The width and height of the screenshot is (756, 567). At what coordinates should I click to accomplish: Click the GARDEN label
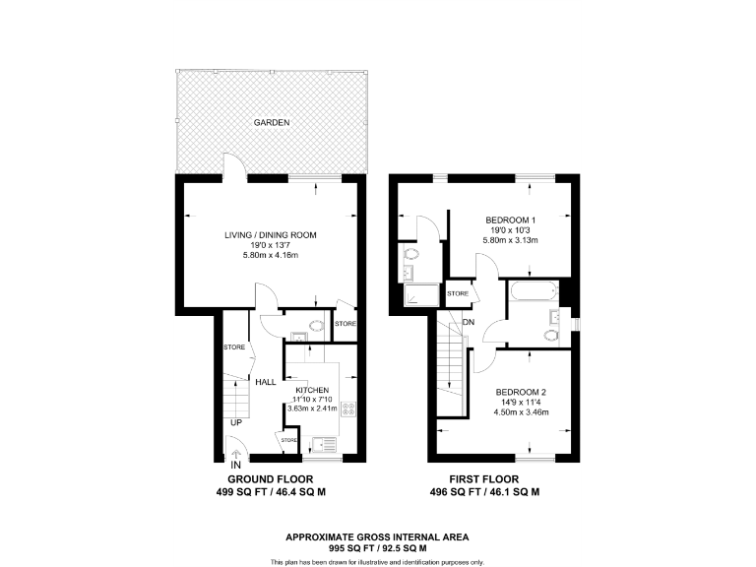271,123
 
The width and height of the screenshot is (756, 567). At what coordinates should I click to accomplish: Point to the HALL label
265,382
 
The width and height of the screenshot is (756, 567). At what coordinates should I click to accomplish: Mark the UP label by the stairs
236,423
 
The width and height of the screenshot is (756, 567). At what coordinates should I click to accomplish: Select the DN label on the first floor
470,322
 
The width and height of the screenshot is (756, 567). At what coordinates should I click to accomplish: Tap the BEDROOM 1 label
511,219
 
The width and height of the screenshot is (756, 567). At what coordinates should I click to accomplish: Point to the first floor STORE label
458,293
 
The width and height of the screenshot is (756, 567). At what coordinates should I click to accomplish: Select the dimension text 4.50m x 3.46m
521,412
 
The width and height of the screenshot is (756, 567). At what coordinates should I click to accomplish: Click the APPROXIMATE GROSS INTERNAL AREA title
377,536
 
